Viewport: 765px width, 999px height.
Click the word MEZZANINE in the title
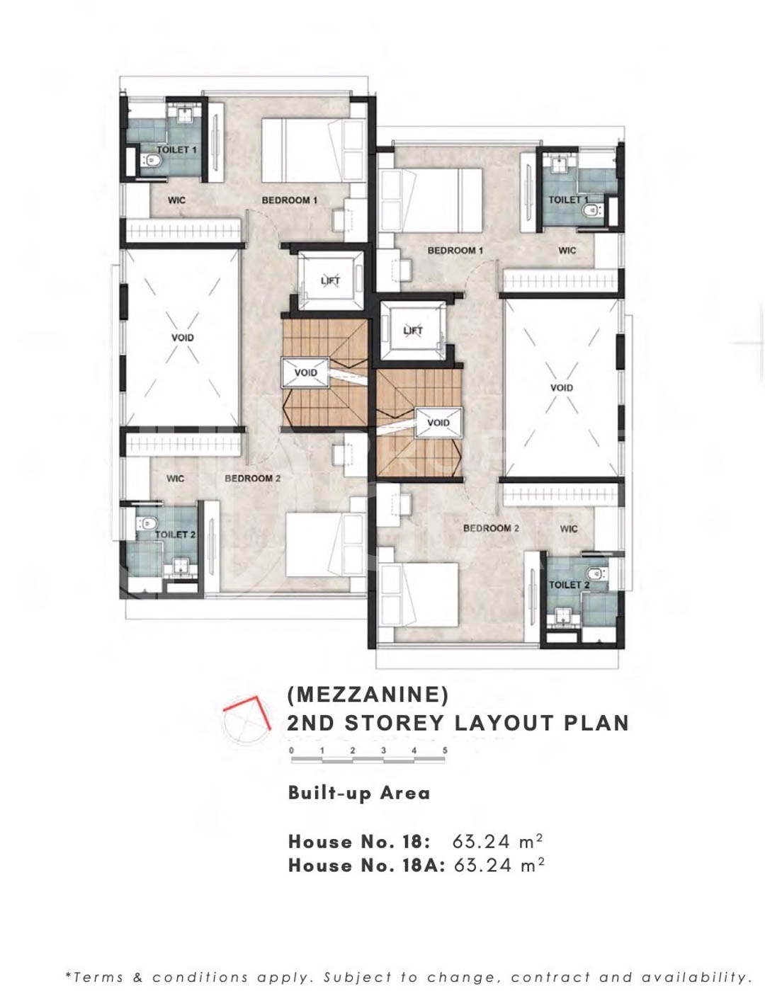(368, 695)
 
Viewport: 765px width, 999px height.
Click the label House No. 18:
(359, 842)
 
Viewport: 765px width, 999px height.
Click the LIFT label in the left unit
(330, 281)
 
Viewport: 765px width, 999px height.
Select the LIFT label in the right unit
(413, 331)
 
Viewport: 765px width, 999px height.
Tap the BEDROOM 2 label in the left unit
(252, 479)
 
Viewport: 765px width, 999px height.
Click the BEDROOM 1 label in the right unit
(455, 251)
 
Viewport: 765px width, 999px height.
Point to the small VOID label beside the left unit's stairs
(305, 372)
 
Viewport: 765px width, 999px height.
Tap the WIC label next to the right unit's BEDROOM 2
(569, 528)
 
